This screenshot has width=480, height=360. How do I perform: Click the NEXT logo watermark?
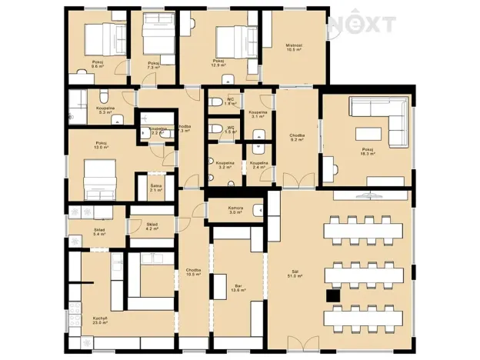362,25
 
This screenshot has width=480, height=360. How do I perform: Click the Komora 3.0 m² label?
236,209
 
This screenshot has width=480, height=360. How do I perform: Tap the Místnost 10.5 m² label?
293,48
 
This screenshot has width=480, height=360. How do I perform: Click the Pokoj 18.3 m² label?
366,151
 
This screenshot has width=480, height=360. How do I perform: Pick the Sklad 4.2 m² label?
152,226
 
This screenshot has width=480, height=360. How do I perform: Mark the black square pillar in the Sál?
332,294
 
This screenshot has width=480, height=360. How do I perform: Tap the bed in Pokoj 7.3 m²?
158,35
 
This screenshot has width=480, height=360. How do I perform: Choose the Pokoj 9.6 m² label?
97,65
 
